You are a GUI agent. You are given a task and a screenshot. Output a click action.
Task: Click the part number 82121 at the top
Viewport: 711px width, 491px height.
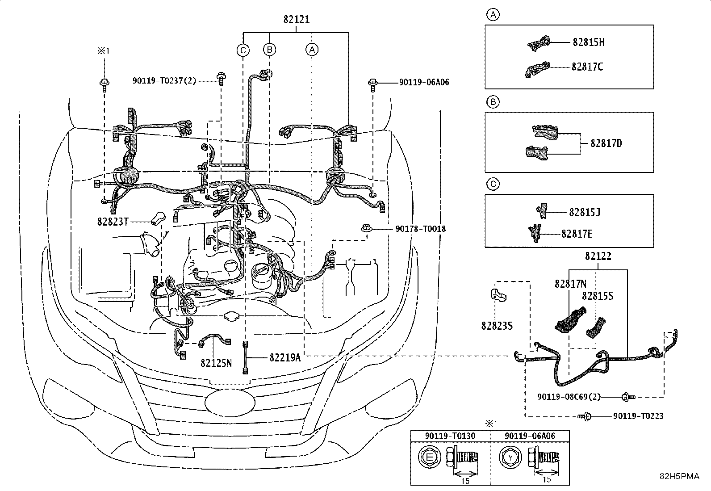(x=296, y=19)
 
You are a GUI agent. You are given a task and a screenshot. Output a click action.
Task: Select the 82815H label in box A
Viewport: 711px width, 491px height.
(x=589, y=42)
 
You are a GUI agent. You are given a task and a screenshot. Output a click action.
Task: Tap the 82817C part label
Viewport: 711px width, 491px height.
(x=587, y=67)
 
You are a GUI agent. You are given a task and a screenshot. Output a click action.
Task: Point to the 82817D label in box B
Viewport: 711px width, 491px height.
(x=606, y=143)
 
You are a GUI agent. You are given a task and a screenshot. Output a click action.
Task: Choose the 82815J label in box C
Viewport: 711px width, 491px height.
(x=584, y=212)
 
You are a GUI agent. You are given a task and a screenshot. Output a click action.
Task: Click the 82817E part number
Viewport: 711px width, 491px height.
(x=577, y=234)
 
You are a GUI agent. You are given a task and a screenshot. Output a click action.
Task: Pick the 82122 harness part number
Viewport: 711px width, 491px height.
(x=598, y=256)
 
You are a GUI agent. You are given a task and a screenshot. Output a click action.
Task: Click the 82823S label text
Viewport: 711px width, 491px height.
(x=497, y=326)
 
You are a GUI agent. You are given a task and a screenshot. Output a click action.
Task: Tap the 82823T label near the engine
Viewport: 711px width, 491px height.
(x=113, y=222)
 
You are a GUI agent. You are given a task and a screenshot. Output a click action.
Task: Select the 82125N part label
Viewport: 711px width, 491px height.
(x=216, y=363)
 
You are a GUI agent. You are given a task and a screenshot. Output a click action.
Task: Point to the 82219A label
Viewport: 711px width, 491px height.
(x=285, y=357)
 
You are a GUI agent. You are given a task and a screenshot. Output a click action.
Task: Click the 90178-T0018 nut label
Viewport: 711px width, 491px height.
(x=420, y=229)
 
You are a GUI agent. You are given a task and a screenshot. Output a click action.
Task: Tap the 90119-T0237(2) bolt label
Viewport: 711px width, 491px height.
(x=164, y=81)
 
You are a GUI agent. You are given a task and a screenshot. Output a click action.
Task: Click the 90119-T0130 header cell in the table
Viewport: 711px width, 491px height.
(x=450, y=436)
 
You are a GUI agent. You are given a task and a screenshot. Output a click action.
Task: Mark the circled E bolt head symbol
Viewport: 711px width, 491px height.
(x=429, y=457)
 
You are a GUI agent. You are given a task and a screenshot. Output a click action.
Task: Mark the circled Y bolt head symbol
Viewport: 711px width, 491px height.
(x=510, y=457)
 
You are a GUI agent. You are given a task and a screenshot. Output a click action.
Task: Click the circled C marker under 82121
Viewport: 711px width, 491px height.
(x=243, y=50)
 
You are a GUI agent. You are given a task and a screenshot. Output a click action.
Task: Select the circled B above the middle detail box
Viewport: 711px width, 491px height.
(x=493, y=101)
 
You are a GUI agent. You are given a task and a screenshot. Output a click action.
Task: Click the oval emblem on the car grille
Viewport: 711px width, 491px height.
(x=230, y=403)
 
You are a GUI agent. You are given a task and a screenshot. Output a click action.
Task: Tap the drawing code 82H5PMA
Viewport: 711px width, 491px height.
(x=679, y=476)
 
